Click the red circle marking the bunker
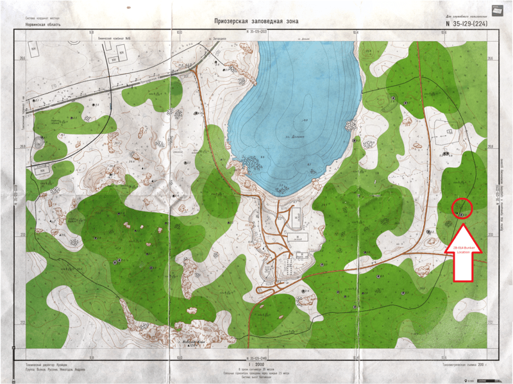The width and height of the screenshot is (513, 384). point(462,208)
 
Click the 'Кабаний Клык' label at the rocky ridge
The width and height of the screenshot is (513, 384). point(192,341)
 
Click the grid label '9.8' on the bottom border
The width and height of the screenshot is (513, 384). point(92,357)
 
